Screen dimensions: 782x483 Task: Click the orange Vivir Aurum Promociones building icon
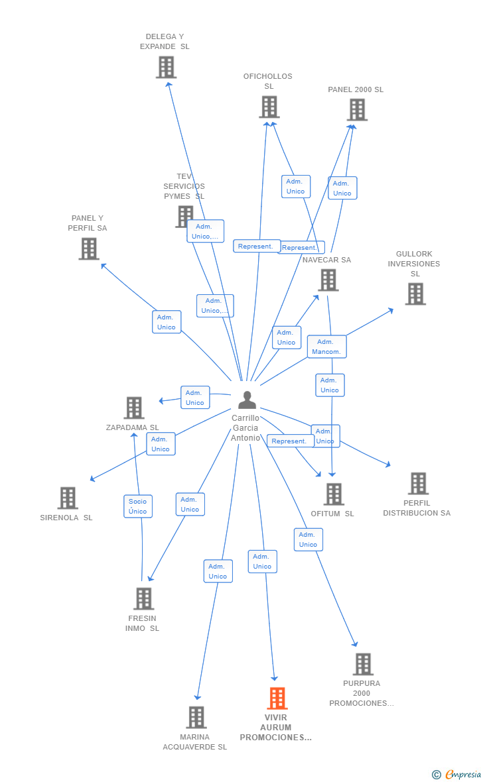(x=277, y=698)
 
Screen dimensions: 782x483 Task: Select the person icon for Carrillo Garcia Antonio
(x=247, y=400)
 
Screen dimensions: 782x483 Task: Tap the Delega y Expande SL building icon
(x=166, y=67)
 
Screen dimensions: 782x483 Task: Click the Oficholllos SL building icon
(x=269, y=107)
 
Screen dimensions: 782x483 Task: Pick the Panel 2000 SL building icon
(x=357, y=109)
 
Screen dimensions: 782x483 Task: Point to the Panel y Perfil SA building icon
(x=88, y=249)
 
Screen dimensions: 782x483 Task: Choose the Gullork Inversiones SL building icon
(x=415, y=294)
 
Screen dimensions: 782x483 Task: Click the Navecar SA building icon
(x=328, y=280)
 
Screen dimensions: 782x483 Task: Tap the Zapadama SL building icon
(x=134, y=408)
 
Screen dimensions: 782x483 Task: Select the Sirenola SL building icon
(x=68, y=498)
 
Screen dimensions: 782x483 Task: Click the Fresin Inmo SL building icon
(x=143, y=598)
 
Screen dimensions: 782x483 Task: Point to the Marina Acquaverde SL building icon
(x=196, y=717)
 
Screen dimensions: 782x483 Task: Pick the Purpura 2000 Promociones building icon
(x=363, y=664)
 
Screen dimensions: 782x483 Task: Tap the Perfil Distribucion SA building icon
(x=418, y=484)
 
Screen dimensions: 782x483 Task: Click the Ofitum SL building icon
(x=334, y=494)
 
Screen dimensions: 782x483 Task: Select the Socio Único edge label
(x=138, y=506)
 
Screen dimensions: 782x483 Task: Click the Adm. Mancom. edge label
(x=326, y=347)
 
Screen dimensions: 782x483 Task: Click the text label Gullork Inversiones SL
(x=414, y=264)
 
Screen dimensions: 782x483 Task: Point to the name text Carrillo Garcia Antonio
(x=245, y=428)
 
